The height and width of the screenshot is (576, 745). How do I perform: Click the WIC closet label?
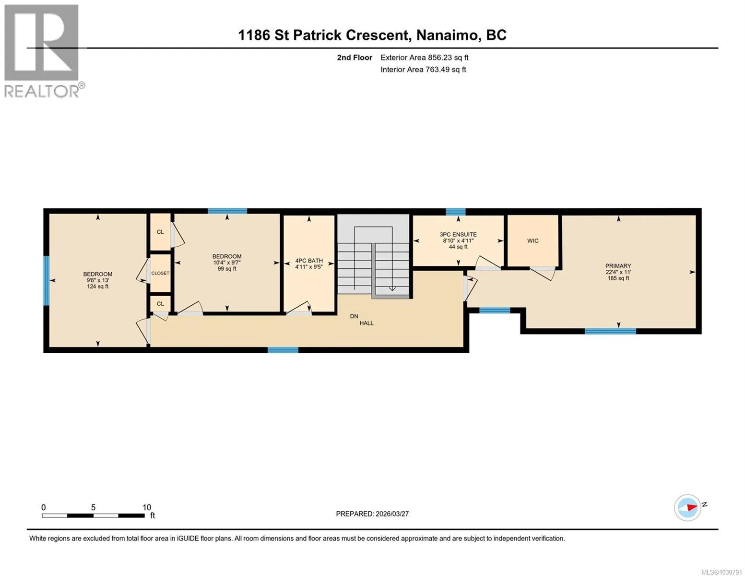[x=532, y=241]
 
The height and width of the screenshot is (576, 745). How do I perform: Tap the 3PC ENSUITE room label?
[x=458, y=235]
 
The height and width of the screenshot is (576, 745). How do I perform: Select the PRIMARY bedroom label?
[x=618, y=266]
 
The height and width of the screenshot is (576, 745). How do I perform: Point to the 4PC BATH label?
[x=309, y=261]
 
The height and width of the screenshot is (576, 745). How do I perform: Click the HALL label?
[x=367, y=323]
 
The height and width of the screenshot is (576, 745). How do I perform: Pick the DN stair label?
[x=354, y=316]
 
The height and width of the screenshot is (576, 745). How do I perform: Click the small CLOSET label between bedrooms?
[x=160, y=273]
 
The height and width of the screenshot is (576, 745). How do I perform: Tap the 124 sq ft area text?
[x=98, y=287]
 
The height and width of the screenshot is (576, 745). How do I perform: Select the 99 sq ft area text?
[x=227, y=269]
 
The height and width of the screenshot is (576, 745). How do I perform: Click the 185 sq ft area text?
[x=618, y=278]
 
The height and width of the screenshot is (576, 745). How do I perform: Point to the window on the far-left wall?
[x=46, y=280]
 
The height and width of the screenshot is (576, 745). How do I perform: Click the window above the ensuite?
[x=456, y=212]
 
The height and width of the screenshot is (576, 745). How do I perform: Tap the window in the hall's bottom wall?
[x=283, y=350]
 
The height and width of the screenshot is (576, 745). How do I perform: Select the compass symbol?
[x=687, y=508]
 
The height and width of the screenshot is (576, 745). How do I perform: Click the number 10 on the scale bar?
[x=147, y=507]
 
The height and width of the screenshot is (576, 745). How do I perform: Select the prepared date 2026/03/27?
[x=392, y=514]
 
